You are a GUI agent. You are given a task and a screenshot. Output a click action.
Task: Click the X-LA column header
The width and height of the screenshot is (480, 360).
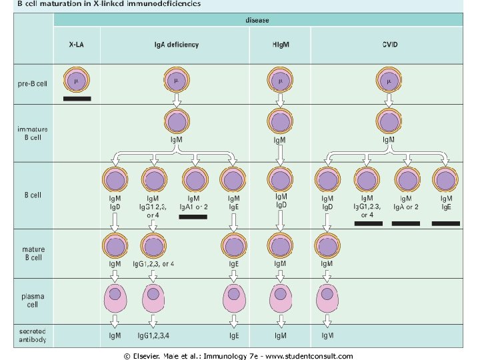(77, 45)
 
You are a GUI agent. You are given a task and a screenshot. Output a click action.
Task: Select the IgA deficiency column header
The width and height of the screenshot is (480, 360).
(172, 45)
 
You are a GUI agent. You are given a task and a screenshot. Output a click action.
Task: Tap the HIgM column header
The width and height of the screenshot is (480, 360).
(280, 45)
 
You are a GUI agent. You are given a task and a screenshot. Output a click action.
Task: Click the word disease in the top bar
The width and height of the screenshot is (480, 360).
(257, 21)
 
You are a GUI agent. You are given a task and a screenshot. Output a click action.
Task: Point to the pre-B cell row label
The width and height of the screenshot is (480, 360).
(33, 84)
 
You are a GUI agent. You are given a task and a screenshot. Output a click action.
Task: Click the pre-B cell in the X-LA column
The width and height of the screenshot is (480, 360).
(77, 81)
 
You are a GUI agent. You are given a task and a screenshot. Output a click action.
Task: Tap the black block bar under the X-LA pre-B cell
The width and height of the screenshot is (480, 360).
(77, 99)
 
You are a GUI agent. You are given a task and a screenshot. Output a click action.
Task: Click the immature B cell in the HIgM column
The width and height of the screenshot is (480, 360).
(280, 122)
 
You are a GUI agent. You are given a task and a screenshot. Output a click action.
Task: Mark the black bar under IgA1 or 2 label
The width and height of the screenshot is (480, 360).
(193, 217)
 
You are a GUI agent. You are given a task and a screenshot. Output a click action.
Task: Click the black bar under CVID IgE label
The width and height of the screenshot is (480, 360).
(446, 223)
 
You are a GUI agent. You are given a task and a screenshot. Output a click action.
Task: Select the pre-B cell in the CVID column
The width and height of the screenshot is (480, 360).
(388, 81)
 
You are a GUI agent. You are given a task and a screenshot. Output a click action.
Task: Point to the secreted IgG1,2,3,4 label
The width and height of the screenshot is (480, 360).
(155, 335)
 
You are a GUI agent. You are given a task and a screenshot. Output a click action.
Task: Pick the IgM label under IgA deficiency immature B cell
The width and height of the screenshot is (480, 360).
(177, 140)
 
